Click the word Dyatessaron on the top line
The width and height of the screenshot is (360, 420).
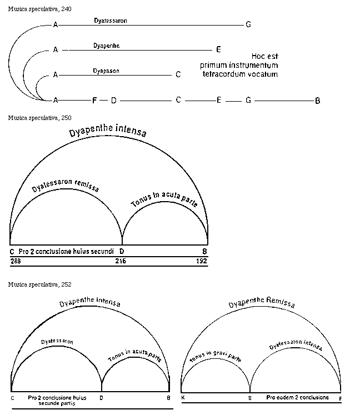pyautogui.click(x=111, y=20)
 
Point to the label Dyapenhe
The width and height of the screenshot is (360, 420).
pyautogui.click(x=107, y=46)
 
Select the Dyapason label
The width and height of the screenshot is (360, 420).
pyautogui.click(x=106, y=71)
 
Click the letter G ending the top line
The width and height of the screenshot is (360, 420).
pyautogui.click(x=248, y=24)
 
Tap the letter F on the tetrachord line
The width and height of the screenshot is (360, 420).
pyautogui.click(x=94, y=101)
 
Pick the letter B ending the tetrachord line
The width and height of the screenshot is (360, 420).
pyautogui.click(x=318, y=101)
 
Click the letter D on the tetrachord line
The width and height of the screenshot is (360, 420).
pyautogui.click(x=113, y=101)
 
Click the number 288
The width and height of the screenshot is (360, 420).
pyautogui.click(x=15, y=260)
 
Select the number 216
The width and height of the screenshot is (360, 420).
pyautogui.click(x=121, y=260)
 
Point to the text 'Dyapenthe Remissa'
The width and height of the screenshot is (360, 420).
pyautogui.click(x=261, y=303)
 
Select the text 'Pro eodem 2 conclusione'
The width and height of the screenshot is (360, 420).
pyautogui.click(x=297, y=398)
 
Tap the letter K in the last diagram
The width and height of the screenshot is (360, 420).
pyautogui.click(x=184, y=398)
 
